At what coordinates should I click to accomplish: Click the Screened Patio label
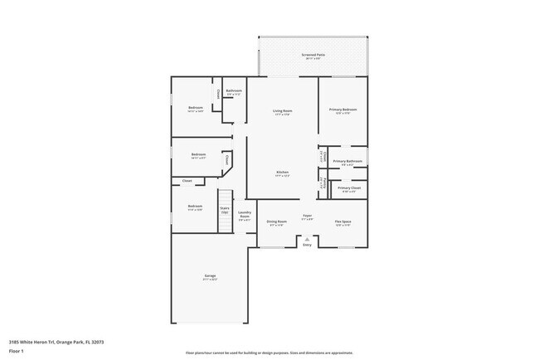coord(313,56)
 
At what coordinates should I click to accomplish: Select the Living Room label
coord(283,110)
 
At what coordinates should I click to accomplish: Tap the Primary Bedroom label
coord(343,110)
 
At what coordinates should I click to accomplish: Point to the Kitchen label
coord(283,173)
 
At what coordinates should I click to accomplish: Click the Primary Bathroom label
coord(348,161)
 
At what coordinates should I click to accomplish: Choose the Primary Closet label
coord(349,188)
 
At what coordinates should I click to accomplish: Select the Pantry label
coord(322,182)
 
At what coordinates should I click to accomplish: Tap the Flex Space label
coord(342,222)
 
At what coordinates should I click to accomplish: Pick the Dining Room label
coord(277,222)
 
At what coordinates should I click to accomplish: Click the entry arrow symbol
coord(307,239)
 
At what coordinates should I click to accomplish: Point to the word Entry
coord(307,245)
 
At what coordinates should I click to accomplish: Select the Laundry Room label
coord(245,215)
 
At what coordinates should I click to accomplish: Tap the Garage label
coord(210,276)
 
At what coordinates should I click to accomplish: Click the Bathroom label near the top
coord(234,91)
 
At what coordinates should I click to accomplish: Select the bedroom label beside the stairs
coord(194,207)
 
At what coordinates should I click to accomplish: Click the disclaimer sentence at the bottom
coord(269,353)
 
